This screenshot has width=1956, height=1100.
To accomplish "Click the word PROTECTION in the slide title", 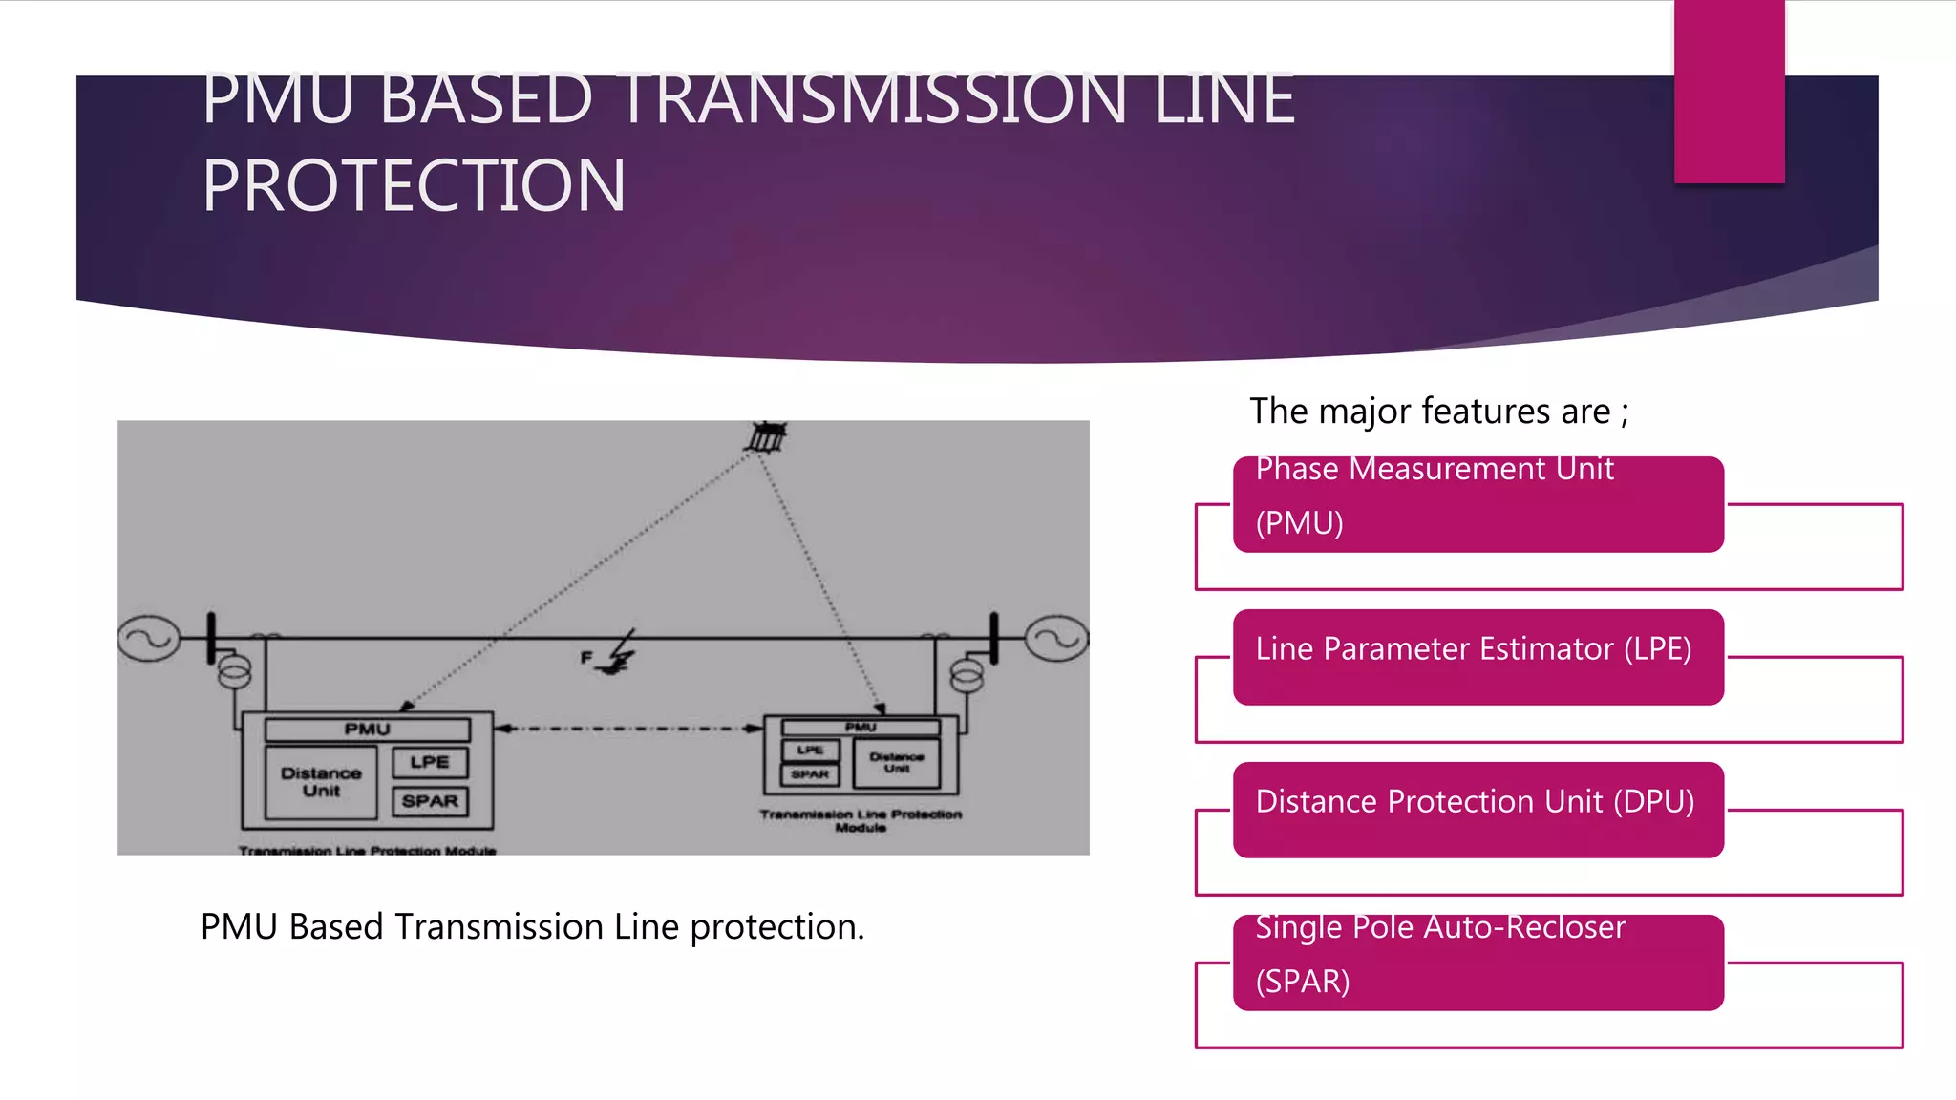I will (414, 185).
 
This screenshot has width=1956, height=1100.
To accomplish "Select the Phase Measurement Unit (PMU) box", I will (1478, 504).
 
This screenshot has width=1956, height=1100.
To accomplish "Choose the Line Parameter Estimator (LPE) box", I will (1478, 657).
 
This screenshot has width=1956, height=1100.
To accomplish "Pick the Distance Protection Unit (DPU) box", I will (1478, 810).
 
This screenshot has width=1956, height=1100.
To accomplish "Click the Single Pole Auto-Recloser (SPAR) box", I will (1478, 962).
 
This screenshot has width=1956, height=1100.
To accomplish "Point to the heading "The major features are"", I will (1438, 412).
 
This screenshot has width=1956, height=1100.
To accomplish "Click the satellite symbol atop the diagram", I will (766, 436).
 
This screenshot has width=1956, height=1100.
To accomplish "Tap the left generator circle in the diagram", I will (149, 638).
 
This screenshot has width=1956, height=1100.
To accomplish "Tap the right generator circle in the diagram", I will (1056, 638).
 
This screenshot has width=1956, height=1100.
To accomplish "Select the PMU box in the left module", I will (368, 730).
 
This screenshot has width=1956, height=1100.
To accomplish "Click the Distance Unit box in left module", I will (321, 782).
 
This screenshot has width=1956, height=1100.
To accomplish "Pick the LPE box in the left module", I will (430, 762).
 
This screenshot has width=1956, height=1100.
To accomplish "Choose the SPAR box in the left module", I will (430, 801).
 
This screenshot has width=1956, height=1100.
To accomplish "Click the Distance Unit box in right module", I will (896, 762).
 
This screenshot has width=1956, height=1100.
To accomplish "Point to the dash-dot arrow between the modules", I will (628, 729).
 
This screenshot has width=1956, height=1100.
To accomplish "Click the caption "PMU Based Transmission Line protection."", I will (532, 927).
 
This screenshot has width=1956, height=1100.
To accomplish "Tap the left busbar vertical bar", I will (211, 638).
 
